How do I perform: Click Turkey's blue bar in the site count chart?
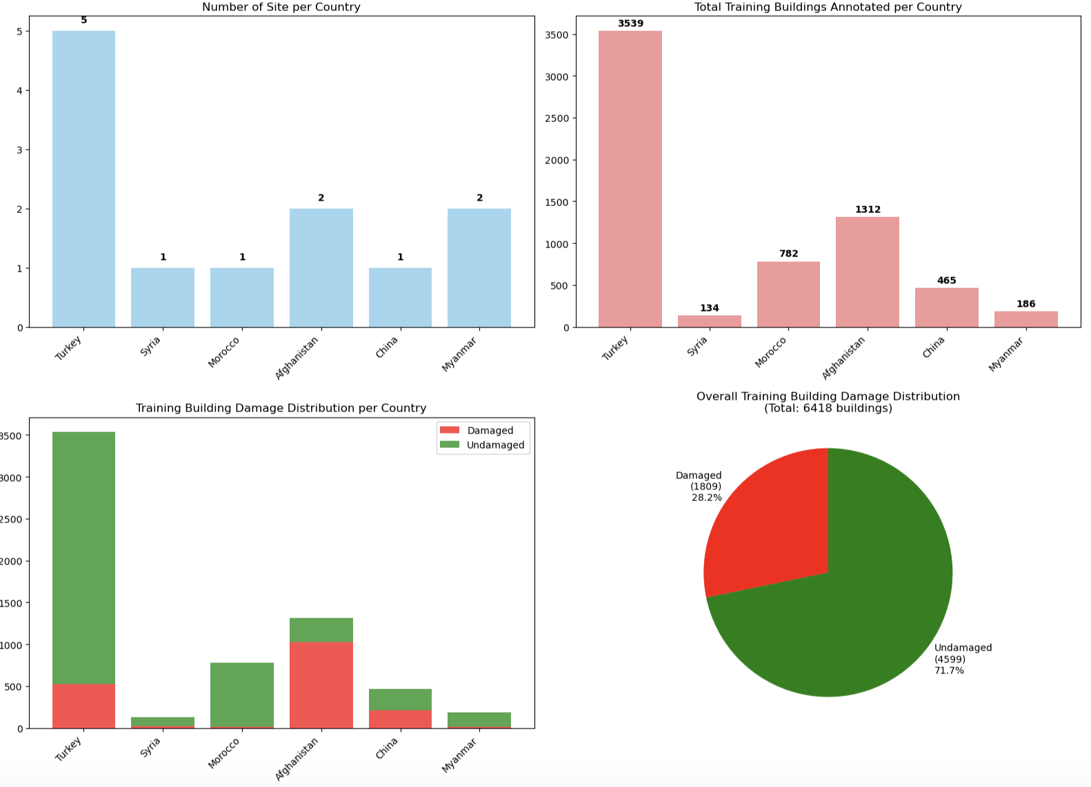(83, 179)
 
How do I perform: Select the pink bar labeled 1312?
(867, 272)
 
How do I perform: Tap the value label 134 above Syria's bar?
(709, 308)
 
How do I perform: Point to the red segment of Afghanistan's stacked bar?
(321, 685)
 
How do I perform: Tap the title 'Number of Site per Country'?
(281, 7)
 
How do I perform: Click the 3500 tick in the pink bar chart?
(556, 35)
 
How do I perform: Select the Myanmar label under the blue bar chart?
(460, 354)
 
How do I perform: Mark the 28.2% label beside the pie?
(706, 498)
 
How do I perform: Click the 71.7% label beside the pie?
(949, 671)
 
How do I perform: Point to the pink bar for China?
(946, 307)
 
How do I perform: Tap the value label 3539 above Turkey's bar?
(630, 23)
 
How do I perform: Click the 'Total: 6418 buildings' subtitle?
(828, 408)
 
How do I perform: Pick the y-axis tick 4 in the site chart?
(19, 90)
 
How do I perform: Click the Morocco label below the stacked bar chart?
(225, 753)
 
